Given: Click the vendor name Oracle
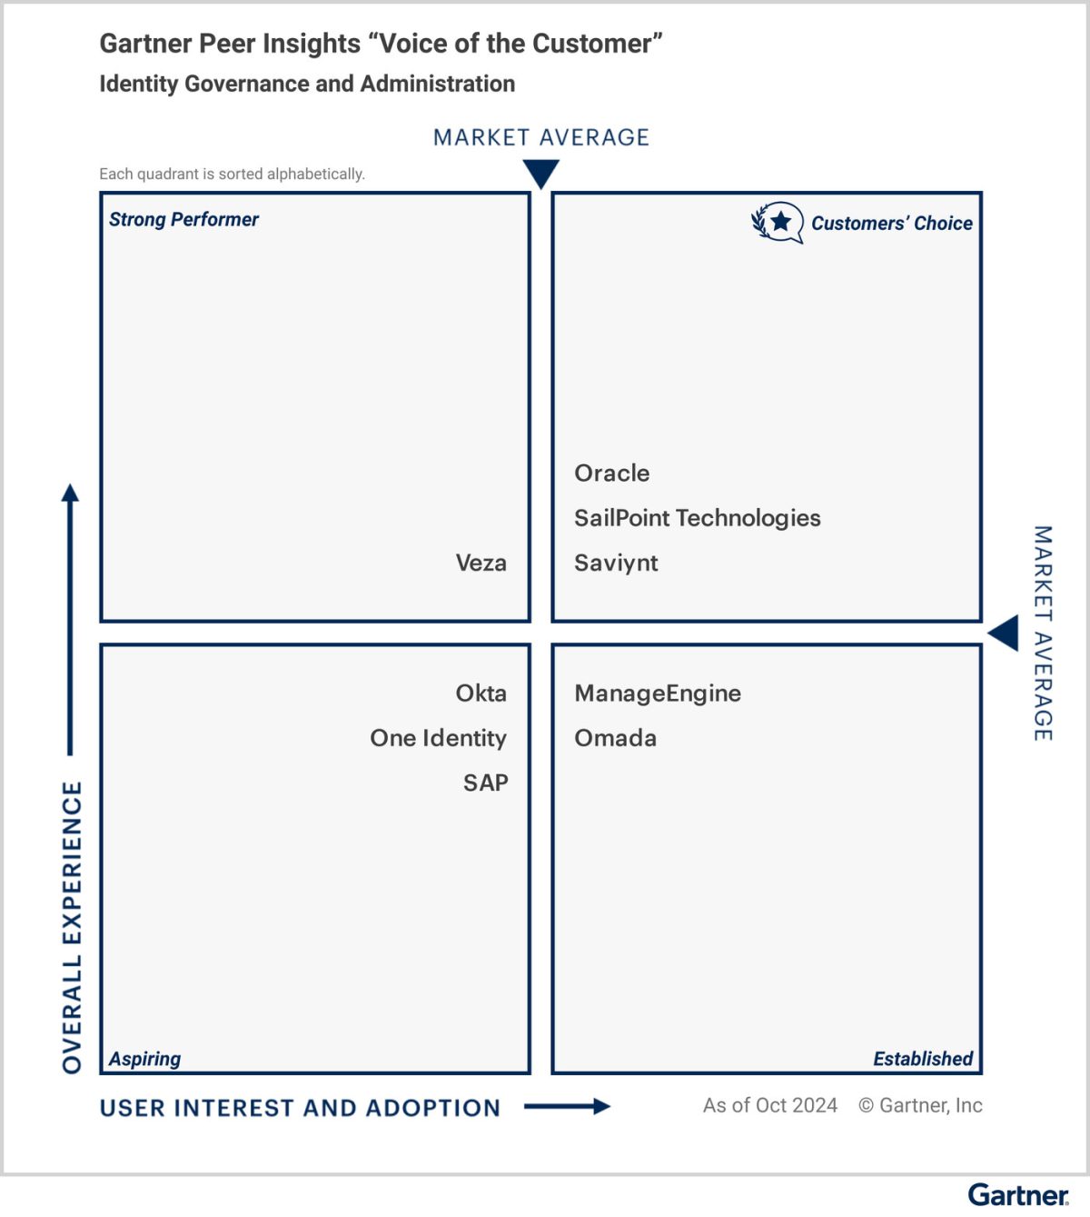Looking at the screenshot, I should click(x=611, y=474).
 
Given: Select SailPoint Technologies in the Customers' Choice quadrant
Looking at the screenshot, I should click(x=697, y=518).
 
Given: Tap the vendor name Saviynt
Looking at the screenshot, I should click(x=616, y=563).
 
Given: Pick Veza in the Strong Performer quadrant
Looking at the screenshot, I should click(x=481, y=563).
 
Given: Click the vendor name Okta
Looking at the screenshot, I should click(x=481, y=693).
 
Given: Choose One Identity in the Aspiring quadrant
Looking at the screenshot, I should click(x=438, y=738).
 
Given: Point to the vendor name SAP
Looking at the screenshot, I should click(x=485, y=783).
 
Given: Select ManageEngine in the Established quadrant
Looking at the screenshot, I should click(x=658, y=693).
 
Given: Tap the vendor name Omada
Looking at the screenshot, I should click(x=615, y=738).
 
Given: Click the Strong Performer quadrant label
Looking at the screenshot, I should click(x=183, y=219).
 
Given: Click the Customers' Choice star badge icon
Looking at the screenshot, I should click(x=778, y=222).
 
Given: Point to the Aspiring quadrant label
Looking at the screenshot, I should click(x=144, y=1058).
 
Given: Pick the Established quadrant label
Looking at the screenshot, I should click(x=922, y=1058).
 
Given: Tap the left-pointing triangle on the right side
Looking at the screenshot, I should click(x=1004, y=633).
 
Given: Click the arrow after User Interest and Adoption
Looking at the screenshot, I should click(x=567, y=1106).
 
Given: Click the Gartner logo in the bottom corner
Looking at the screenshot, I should click(x=1017, y=1194).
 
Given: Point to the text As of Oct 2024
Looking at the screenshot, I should click(x=769, y=1105).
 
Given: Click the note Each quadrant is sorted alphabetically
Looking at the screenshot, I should click(x=232, y=174).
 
